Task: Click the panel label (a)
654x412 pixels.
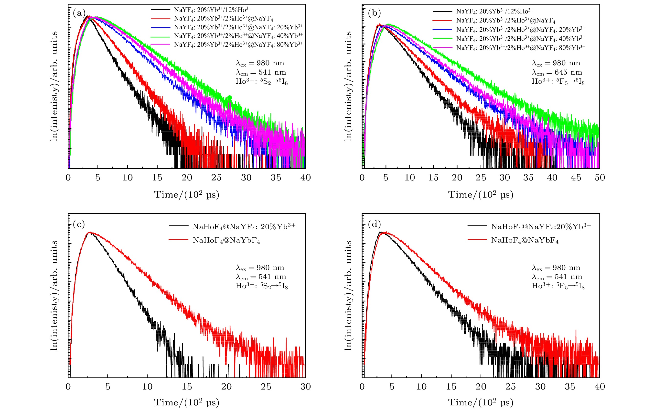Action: (79, 13)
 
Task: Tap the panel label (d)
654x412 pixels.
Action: (374, 224)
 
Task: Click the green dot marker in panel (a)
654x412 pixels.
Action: (229, 98)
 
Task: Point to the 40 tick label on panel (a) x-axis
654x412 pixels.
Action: (306, 178)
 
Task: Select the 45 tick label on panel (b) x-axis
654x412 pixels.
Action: (576, 178)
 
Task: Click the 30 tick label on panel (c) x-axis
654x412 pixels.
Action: (306, 387)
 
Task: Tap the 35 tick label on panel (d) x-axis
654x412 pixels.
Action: (570, 387)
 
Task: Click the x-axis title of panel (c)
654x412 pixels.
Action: (187, 402)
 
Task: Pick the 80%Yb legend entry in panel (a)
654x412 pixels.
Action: (238, 44)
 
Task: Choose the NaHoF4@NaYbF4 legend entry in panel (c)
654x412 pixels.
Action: (226, 241)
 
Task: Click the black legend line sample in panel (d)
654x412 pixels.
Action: (477, 226)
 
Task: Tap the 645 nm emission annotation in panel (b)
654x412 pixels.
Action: (557, 73)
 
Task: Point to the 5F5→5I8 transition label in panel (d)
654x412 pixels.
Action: (558, 286)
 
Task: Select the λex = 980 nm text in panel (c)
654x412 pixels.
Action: (260, 268)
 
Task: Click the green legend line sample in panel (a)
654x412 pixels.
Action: (160, 36)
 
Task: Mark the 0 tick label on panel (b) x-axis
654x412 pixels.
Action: (362, 178)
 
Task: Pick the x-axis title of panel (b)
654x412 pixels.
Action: (481, 195)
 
